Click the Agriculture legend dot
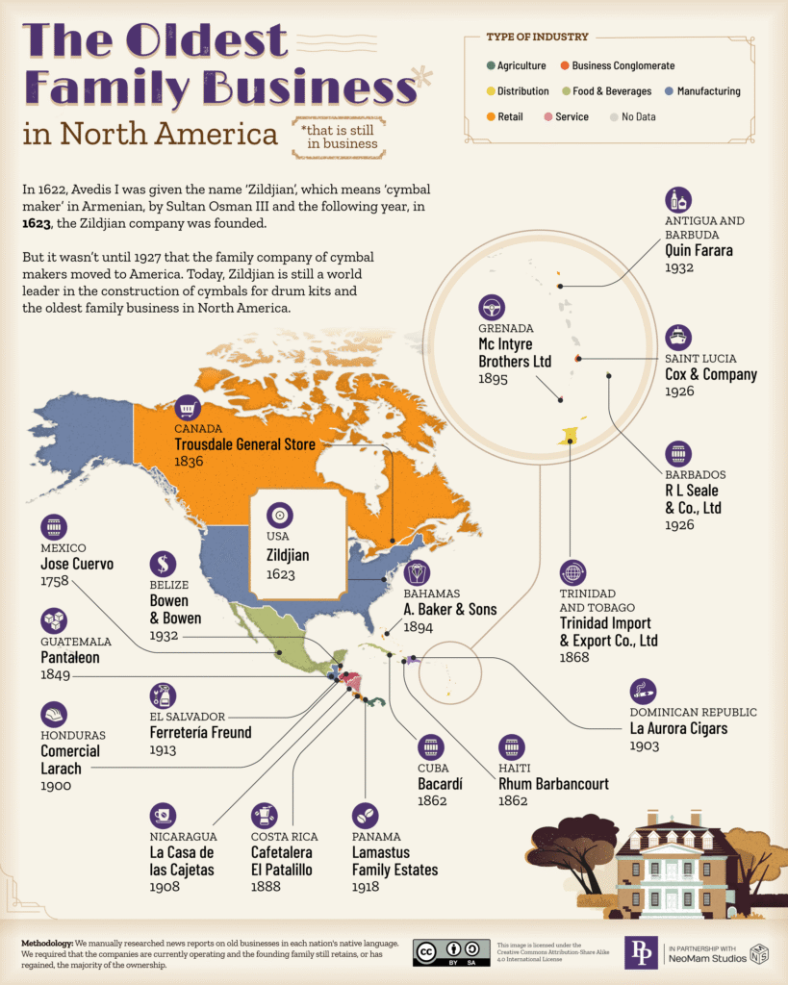491,66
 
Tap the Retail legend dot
491,117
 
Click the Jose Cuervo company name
77,564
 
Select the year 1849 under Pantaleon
56,676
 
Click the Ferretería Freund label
200,732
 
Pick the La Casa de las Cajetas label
182,861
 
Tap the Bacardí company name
440,784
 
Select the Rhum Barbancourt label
553,784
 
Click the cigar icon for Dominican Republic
643,691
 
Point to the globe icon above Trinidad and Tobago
573,572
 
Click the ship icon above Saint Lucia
678,337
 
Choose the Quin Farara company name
699,250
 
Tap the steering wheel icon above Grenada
492,308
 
